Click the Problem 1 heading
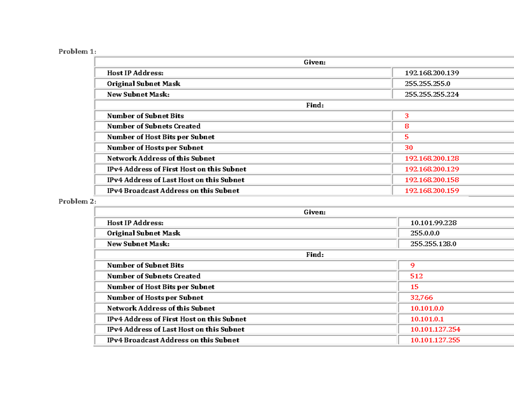tap(78, 52)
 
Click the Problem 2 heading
tap(78, 201)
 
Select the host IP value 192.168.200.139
tap(432, 73)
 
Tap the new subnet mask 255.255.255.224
tap(432, 95)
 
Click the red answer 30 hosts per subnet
tap(409, 148)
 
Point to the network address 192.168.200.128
tap(432, 158)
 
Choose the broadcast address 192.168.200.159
tap(432, 191)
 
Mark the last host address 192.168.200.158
tap(432, 180)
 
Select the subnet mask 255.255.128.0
tap(433, 244)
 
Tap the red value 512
tap(416, 276)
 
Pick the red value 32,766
tap(421, 298)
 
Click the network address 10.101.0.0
tap(427, 308)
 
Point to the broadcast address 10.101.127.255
tap(435, 340)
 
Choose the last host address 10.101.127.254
tap(435, 330)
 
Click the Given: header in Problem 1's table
tap(314, 63)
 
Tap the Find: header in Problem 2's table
tap(314, 255)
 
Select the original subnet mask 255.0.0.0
tap(425, 233)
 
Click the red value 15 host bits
tap(414, 287)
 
